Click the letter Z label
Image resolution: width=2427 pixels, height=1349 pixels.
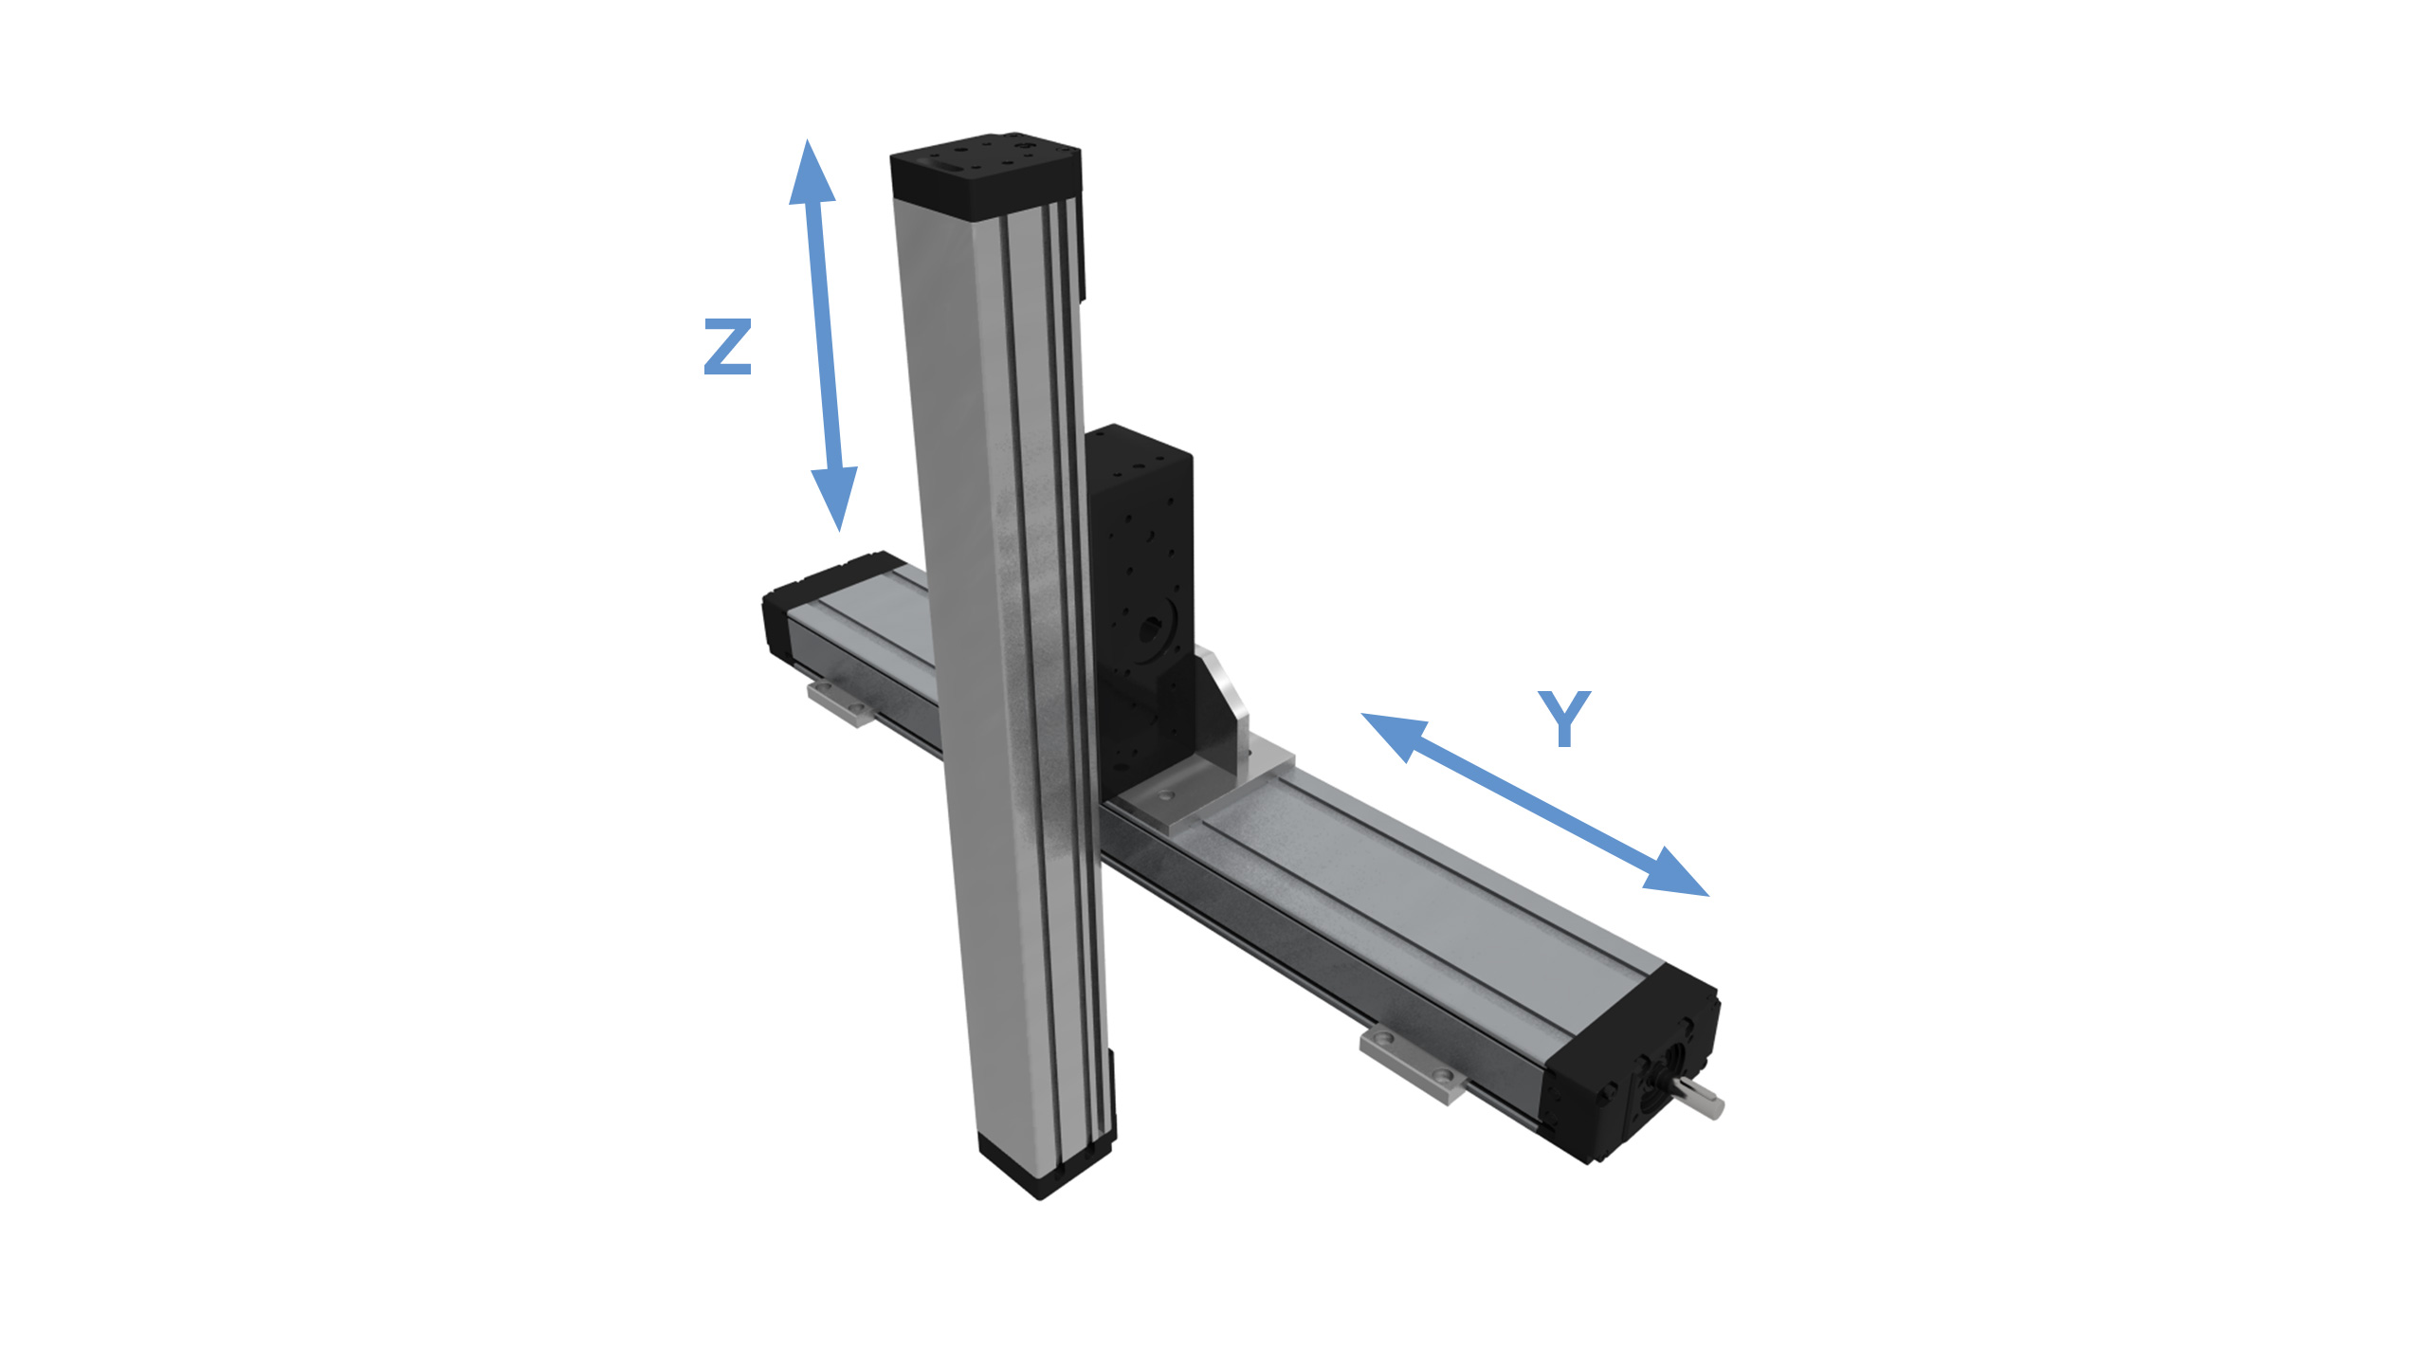point(727,347)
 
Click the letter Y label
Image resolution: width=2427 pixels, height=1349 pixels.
point(1563,719)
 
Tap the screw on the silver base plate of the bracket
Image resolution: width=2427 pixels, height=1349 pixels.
point(1167,793)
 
